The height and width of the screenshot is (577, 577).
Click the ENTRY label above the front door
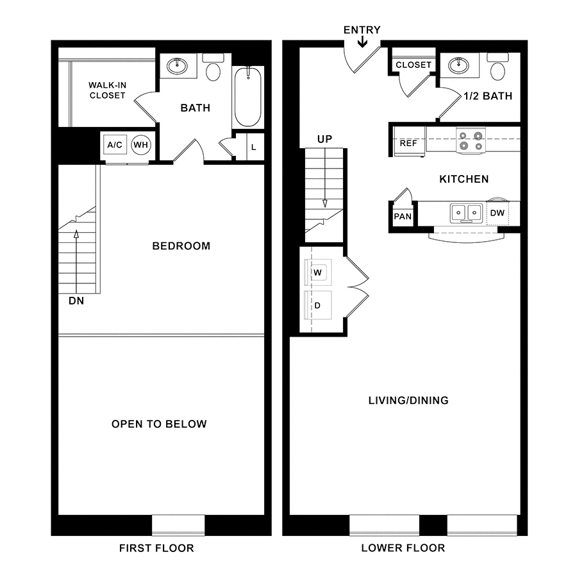coord(362,29)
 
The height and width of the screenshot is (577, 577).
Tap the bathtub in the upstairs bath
coord(248,97)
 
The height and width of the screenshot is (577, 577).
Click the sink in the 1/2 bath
coord(458,66)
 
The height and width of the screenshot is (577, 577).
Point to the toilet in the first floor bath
coord(213,67)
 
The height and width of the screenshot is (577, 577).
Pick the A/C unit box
coord(115,145)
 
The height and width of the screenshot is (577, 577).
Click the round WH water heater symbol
coord(140,145)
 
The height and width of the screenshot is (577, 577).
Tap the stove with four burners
coord(471,140)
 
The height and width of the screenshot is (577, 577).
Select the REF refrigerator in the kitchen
coord(409,142)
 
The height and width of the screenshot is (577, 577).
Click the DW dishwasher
coord(498,213)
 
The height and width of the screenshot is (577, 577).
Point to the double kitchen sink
coord(466,213)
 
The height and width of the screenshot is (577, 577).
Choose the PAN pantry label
coord(403,217)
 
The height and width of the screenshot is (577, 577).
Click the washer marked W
coord(318,272)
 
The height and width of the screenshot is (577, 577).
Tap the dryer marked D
coord(318,305)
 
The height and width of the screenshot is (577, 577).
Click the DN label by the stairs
coord(76,301)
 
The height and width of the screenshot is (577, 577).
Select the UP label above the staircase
coord(324,139)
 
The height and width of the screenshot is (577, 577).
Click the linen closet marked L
coord(255,147)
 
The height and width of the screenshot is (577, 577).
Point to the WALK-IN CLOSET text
coord(108,90)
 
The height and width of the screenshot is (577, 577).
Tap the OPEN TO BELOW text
coord(159,424)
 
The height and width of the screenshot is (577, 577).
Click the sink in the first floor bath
coord(177,66)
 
